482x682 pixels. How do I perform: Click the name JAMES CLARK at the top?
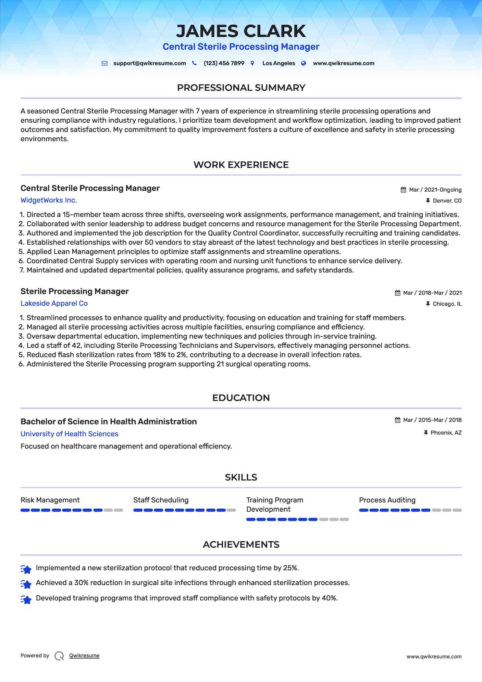[x=241, y=31]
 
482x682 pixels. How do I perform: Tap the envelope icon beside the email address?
[x=104, y=63]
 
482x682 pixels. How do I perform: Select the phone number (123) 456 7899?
[x=224, y=63]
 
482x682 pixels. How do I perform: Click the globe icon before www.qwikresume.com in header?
[x=304, y=63]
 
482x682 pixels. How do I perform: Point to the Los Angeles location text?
[x=279, y=63]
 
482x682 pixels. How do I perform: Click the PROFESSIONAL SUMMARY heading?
[x=241, y=88]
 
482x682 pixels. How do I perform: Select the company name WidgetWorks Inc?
[x=49, y=200]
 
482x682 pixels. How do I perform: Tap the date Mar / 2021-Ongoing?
[x=435, y=190]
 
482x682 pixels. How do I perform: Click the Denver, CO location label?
[x=447, y=201]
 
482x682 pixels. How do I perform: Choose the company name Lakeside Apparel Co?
[x=54, y=303]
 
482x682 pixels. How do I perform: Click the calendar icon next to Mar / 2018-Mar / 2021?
[x=397, y=293]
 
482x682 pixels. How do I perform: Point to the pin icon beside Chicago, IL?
[x=428, y=304]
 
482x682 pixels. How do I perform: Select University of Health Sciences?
[x=69, y=434]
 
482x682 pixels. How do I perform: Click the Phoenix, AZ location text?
[x=446, y=433]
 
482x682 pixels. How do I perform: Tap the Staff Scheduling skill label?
[x=161, y=500]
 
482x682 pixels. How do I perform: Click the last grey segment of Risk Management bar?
[x=119, y=510]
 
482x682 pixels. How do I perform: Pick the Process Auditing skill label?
[x=387, y=500]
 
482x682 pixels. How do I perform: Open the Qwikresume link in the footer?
[x=84, y=656]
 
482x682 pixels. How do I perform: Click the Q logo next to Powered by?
[x=59, y=656]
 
